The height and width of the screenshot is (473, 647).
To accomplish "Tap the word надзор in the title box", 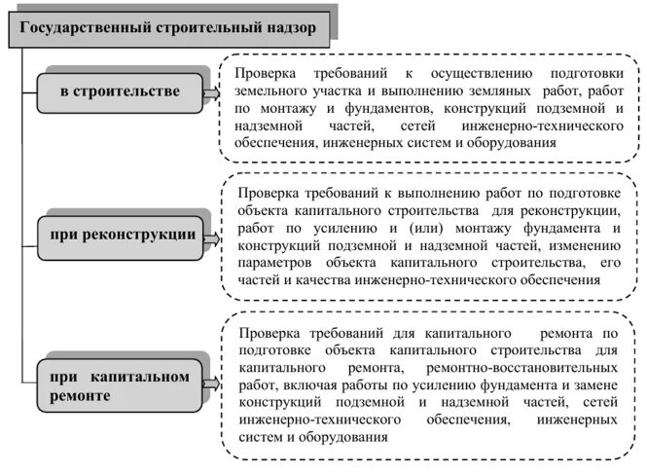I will pos(292,28).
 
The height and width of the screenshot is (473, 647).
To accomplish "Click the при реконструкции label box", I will pos(123,235).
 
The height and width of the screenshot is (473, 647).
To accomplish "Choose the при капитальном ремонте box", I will pos(123,384).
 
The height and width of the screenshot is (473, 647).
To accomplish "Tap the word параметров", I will pos(275,262).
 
